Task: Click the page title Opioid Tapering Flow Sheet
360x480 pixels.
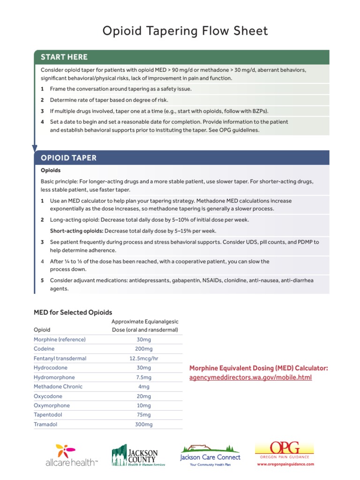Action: tap(185, 31)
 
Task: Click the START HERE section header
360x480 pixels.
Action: tap(64, 57)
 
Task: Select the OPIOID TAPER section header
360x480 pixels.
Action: tap(68, 158)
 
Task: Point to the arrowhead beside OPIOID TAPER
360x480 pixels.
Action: tap(35, 148)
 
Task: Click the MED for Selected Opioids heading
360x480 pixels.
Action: tap(73, 312)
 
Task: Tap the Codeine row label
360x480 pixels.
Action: tap(44, 349)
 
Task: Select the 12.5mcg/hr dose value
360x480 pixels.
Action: tap(144, 358)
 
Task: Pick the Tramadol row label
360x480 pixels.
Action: tap(45, 424)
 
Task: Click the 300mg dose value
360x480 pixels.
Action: tap(144, 424)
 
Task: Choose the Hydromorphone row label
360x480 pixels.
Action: tap(54, 377)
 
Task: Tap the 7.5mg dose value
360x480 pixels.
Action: tap(144, 377)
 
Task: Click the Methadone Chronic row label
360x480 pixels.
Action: tap(58, 387)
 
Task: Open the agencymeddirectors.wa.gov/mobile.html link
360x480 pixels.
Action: tap(250, 377)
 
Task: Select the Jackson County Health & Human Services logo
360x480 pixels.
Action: tap(135, 455)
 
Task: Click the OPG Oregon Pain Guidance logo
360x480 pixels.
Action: tap(285, 450)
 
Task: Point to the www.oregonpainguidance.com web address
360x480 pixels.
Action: tap(285, 464)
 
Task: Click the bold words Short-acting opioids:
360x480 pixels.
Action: tap(76, 231)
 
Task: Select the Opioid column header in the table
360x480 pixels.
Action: tap(42, 330)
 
